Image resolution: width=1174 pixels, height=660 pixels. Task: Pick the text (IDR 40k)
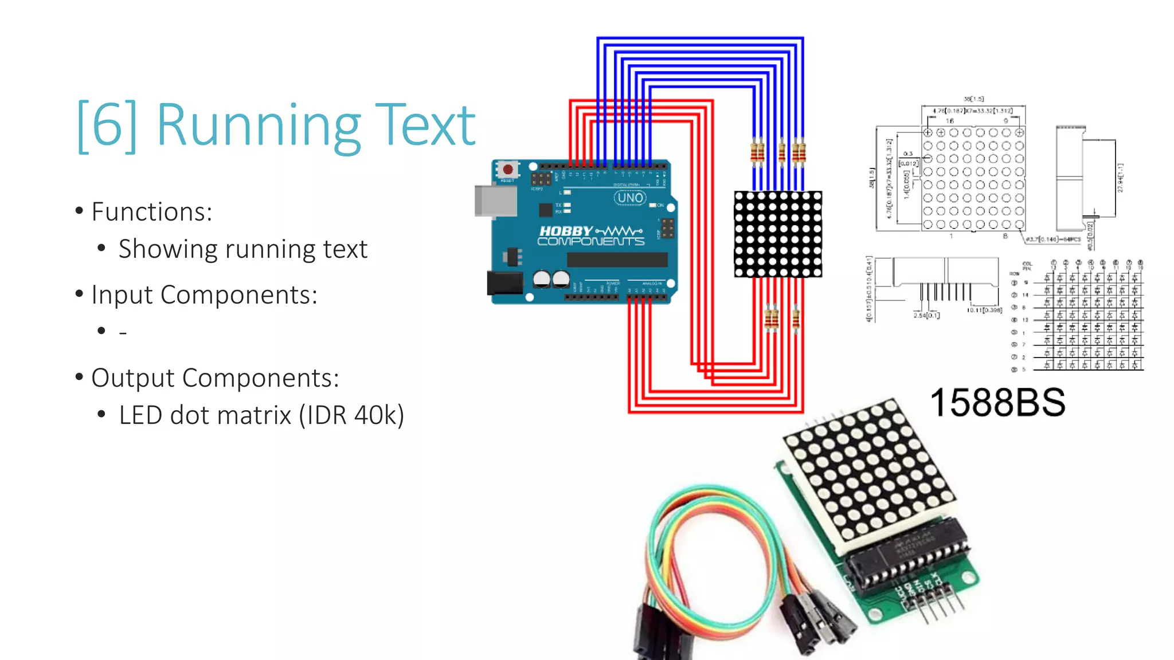(351, 415)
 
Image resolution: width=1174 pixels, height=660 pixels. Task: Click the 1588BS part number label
(997, 402)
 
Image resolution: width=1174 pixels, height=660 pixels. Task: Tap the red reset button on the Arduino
(507, 170)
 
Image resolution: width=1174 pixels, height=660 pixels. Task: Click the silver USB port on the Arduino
(495, 201)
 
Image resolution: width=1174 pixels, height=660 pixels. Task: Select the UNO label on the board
(630, 198)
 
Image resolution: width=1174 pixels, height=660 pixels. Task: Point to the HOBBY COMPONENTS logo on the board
(590, 235)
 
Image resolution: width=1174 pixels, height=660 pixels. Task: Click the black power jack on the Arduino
(505, 282)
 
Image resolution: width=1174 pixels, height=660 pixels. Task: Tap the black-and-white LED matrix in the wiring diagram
(778, 234)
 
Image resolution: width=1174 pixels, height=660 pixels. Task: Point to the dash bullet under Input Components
(123, 332)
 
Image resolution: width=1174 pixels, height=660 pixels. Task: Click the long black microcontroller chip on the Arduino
(617, 260)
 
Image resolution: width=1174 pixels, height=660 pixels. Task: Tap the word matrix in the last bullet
(260, 415)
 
